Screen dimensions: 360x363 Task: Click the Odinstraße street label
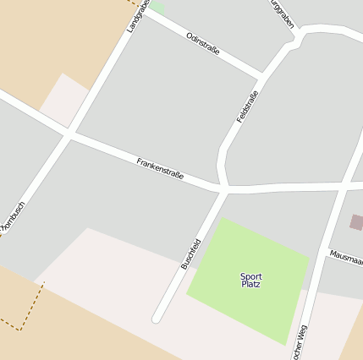tap(202, 44)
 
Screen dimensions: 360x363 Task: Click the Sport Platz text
tap(250, 280)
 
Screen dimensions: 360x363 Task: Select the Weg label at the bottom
tap(298, 341)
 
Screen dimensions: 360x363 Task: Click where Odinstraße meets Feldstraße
tap(261, 74)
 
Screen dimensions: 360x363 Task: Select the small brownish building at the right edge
tap(356, 222)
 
